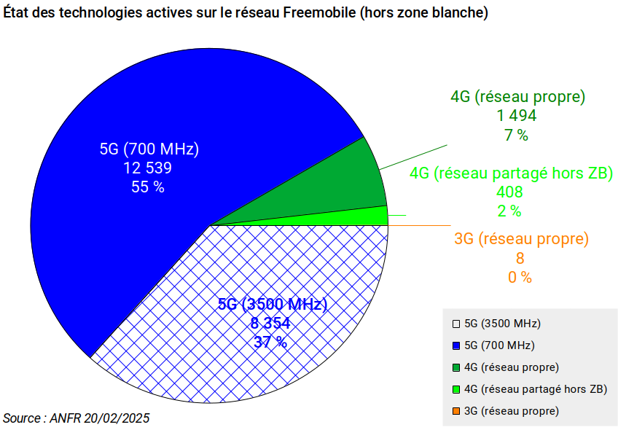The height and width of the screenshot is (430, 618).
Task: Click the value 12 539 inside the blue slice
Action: [148, 168]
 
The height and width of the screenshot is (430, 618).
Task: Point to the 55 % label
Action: [148, 187]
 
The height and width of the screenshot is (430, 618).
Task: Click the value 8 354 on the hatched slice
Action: [270, 323]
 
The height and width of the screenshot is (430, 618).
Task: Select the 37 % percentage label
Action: [270, 342]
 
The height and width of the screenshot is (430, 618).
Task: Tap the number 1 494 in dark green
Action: [517, 115]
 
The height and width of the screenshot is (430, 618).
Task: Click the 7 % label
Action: [516, 135]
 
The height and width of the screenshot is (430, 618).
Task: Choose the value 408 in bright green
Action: [509, 192]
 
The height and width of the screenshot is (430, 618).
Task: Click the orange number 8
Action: [520, 258]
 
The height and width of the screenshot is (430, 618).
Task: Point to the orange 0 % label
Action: [520, 278]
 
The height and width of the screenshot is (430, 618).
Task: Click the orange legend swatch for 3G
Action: [456, 412]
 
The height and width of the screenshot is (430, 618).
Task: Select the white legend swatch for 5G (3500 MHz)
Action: [456, 324]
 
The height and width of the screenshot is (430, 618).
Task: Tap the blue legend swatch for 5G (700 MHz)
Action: [456, 346]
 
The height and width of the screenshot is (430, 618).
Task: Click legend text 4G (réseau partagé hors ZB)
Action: [536, 389]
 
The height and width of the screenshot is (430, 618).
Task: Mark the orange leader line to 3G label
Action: [419, 226]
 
